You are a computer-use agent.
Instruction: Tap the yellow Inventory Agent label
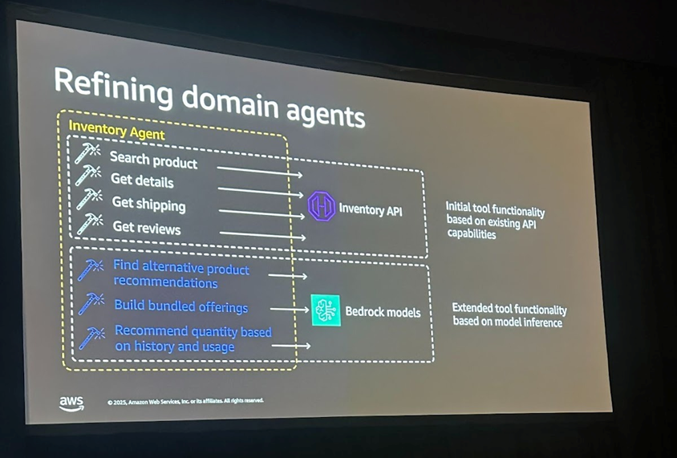tap(116, 130)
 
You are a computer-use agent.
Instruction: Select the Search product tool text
tap(153, 160)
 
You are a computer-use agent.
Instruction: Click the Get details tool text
tap(142, 181)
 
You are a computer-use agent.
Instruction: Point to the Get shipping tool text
tap(148, 205)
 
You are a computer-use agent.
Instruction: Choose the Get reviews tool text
tap(147, 228)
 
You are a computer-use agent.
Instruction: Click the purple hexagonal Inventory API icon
tap(321, 206)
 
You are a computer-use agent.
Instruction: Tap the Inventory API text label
tap(370, 210)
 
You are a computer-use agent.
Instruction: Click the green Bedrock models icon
tap(326, 310)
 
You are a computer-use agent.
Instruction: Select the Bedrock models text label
tap(383, 311)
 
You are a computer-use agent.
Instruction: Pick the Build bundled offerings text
tap(180, 306)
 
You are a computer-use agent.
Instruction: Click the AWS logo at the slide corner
tap(71, 403)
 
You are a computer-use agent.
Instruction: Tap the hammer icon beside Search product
tap(87, 152)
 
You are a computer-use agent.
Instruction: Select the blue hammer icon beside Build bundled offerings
tap(91, 303)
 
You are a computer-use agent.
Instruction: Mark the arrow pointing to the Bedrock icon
tap(289, 309)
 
